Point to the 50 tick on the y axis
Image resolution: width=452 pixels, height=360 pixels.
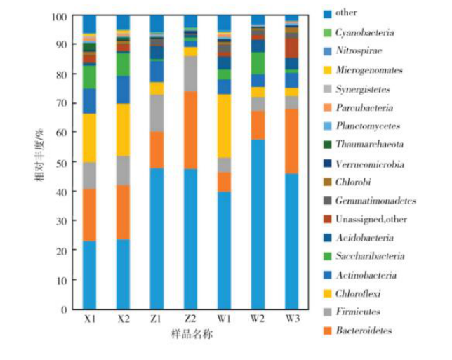pyautogui.click(x=66, y=163)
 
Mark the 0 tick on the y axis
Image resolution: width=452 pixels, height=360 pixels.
pyautogui.click(x=68, y=309)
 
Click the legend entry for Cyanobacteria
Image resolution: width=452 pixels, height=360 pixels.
pyautogui.click(x=364, y=32)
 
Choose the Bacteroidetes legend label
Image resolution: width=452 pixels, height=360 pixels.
pyautogui.click(x=364, y=331)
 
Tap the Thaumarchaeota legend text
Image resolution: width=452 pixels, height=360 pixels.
pyautogui.click(x=368, y=145)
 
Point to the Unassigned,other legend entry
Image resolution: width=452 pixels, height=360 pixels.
pyautogui.click(x=371, y=219)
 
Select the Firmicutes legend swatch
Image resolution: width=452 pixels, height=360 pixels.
pyautogui.click(x=327, y=312)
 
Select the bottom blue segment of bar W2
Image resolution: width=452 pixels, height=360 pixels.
pyautogui.click(x=258, y=225)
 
